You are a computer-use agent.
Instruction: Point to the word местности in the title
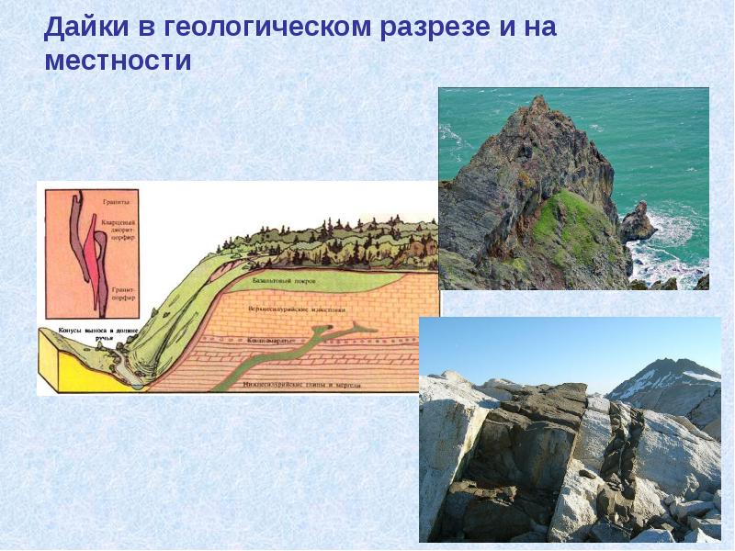pyautogui.click(x=117, y=62)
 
